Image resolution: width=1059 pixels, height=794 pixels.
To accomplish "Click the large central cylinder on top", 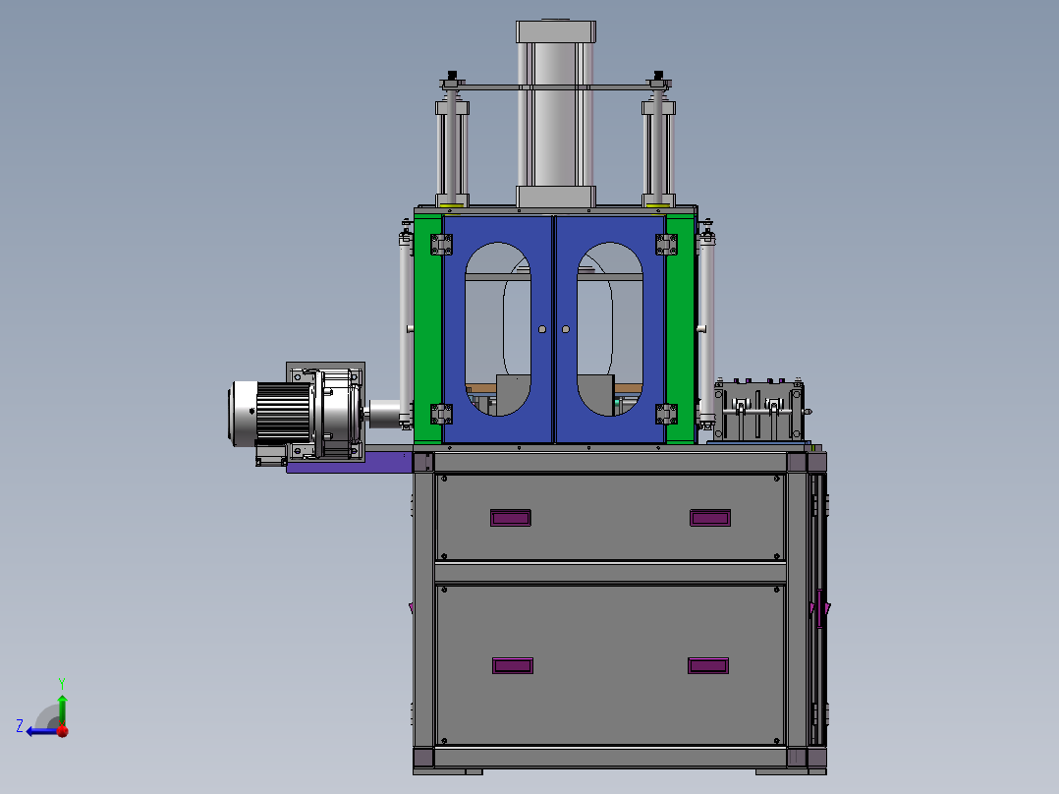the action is [x=556, y=114].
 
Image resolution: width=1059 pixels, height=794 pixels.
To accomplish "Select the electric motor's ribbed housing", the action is [x=283, y=413].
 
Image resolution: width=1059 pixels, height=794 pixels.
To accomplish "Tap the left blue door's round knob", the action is [x=542, y=329].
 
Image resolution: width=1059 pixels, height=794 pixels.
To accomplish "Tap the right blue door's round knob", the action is [x=566, y=329].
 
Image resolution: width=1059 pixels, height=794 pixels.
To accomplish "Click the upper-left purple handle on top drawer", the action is [x=511, y=518].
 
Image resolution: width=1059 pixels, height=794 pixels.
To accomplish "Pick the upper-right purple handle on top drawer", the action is [x=710, y=518].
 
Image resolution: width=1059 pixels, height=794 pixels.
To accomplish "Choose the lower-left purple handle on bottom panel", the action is [x=513, y=665].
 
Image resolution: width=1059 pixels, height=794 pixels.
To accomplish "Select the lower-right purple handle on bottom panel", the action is [x=708, y=665].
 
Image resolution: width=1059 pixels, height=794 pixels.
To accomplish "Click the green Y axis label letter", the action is [x=62, y=683].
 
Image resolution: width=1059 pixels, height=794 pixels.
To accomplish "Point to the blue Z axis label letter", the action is [x=20, y=726].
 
